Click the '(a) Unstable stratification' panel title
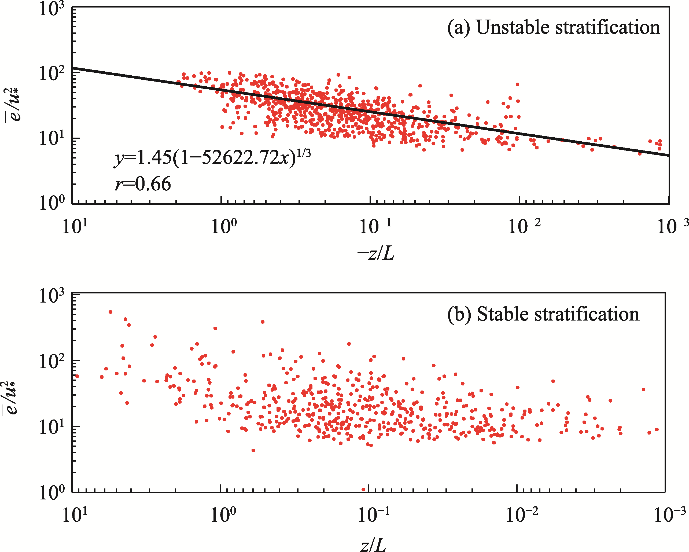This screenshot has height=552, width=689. click(554, 27)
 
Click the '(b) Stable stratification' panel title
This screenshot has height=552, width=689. click(543, 315)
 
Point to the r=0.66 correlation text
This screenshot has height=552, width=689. click(143, 184)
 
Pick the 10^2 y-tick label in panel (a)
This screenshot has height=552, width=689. click(51, 74)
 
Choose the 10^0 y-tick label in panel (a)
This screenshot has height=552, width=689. click(51, 203)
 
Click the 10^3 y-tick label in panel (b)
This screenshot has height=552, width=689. click(51, 296)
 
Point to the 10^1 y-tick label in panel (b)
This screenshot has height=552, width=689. click(51, 427)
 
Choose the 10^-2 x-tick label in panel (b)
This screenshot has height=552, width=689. click(522, 515)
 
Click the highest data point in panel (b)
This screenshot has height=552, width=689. click(110, 312)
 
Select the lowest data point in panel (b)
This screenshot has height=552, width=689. click(363, 489)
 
